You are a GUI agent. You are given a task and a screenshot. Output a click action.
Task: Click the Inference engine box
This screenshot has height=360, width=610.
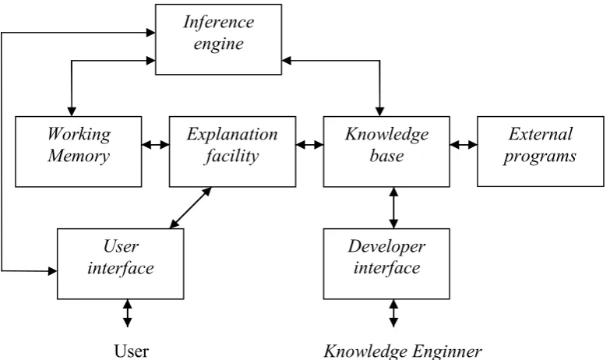pos(218,39)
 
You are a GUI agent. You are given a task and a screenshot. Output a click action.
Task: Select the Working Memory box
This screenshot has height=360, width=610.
pos(78,151)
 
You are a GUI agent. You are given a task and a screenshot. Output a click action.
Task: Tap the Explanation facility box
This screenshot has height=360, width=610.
pos(232,151)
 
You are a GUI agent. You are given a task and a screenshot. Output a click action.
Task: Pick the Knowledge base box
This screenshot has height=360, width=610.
pos(386,151)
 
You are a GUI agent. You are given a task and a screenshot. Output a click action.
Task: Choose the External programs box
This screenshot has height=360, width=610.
pos(541,151)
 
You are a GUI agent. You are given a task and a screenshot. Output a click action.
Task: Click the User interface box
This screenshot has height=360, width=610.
pos(120,263)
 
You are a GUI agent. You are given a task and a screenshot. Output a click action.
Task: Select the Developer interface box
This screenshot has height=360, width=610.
pos(386,263)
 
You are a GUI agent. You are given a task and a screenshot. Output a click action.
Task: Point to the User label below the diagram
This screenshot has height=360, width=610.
pos(131,351)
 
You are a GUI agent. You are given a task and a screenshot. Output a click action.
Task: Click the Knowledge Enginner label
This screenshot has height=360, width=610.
pos(403,351)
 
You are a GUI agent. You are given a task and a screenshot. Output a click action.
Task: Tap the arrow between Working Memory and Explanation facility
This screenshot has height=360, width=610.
pos(156,145)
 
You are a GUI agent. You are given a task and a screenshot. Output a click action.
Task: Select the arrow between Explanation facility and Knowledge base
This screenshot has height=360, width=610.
pos(309,145)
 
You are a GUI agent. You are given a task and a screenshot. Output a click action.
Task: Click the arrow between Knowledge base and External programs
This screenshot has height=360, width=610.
pos(464,145)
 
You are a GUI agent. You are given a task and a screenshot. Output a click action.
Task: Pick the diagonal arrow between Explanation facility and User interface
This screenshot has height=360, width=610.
pos(191,208)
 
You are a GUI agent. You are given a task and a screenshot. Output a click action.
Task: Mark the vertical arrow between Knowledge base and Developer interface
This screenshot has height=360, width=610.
pos(393,208)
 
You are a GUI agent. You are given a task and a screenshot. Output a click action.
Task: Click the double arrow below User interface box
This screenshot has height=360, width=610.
pos(127,313)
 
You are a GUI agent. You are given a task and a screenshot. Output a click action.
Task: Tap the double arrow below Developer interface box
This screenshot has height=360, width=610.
pos(393,313)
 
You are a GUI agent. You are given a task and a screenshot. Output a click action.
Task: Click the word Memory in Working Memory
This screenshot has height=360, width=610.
pos(79,156)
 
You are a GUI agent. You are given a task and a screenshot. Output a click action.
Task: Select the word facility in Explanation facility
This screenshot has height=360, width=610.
pos(231,156)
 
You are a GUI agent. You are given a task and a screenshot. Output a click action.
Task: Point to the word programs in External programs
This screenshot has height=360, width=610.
pos(540,157)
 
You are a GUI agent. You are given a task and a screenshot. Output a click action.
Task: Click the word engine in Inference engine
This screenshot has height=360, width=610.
pos(219,44)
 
